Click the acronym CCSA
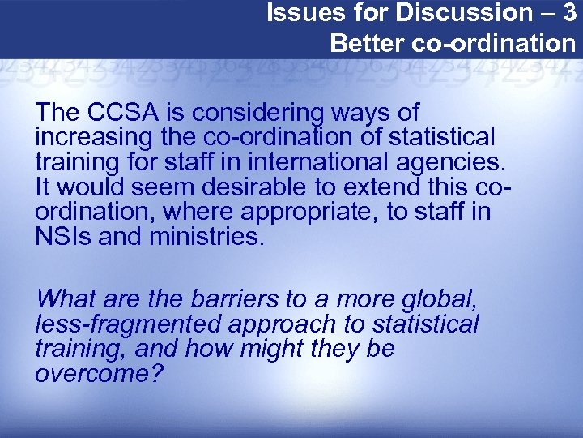point(119,112)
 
